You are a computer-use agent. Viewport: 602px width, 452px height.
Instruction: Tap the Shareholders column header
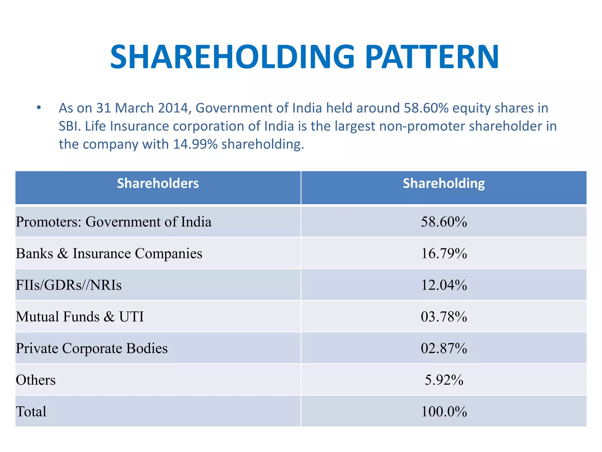coord(158,183)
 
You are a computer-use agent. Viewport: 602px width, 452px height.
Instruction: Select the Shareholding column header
coord(444,183)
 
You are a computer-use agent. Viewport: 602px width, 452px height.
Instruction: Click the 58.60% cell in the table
coord(444,222)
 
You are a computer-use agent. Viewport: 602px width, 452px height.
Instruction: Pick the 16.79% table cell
coord(444,253)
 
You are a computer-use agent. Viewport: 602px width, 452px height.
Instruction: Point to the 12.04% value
coord(444,285)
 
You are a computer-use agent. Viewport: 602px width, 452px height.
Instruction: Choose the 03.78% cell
coord(444,317)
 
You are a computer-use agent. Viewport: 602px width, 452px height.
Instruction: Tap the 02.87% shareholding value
coord(444,348)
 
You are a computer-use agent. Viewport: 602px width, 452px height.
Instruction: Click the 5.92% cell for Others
coord(444,380)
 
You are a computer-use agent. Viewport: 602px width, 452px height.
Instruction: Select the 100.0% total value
coord(444,412)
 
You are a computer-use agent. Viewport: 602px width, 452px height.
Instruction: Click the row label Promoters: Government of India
coord(113,222)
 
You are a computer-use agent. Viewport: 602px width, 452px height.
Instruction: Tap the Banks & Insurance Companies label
coord(109,253)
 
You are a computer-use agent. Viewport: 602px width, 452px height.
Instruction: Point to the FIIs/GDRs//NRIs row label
coord(68,285)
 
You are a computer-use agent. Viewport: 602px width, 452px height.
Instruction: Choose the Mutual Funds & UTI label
coord(80,317)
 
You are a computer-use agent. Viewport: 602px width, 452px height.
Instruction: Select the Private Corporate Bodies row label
coord(91,348)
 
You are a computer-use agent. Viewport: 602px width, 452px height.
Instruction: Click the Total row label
coord(31,412)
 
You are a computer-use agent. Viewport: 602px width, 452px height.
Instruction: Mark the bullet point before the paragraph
coord(39,108)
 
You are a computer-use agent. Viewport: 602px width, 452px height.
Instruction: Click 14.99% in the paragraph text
coord(195,144)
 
